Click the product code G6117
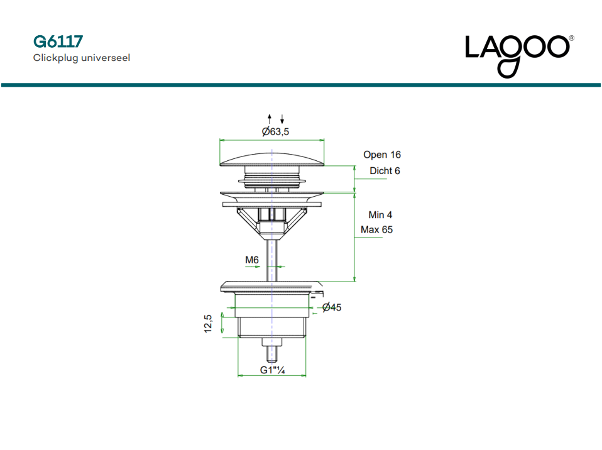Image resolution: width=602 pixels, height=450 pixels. click(x=58, y=42)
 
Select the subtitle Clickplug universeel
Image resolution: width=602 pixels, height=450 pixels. click(x=82, y=58)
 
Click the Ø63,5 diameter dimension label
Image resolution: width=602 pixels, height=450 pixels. click(x=276, y=131)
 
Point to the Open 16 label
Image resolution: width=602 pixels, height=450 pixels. click(x=381, y=155)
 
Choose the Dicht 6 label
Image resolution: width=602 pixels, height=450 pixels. click(x=385, y=171)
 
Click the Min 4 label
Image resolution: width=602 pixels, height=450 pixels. click(x=381, y=215)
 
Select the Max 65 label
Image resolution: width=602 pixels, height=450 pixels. click(x=376, y=230)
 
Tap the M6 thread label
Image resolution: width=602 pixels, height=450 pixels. click(x=252, y=260)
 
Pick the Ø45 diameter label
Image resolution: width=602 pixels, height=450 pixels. click(x=331, y=307)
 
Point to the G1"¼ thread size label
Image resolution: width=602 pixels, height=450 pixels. click(x=273, y=370)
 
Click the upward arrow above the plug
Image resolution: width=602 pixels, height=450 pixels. click(x=270, y=119)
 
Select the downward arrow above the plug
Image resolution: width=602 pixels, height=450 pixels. click(x=282, y=119)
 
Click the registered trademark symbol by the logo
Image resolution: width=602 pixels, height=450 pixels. click(x=571, y=38)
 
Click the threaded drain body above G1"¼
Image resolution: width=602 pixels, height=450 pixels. click(x=271, y=327)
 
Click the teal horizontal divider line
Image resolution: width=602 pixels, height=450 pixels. click(x=301, y=84)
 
